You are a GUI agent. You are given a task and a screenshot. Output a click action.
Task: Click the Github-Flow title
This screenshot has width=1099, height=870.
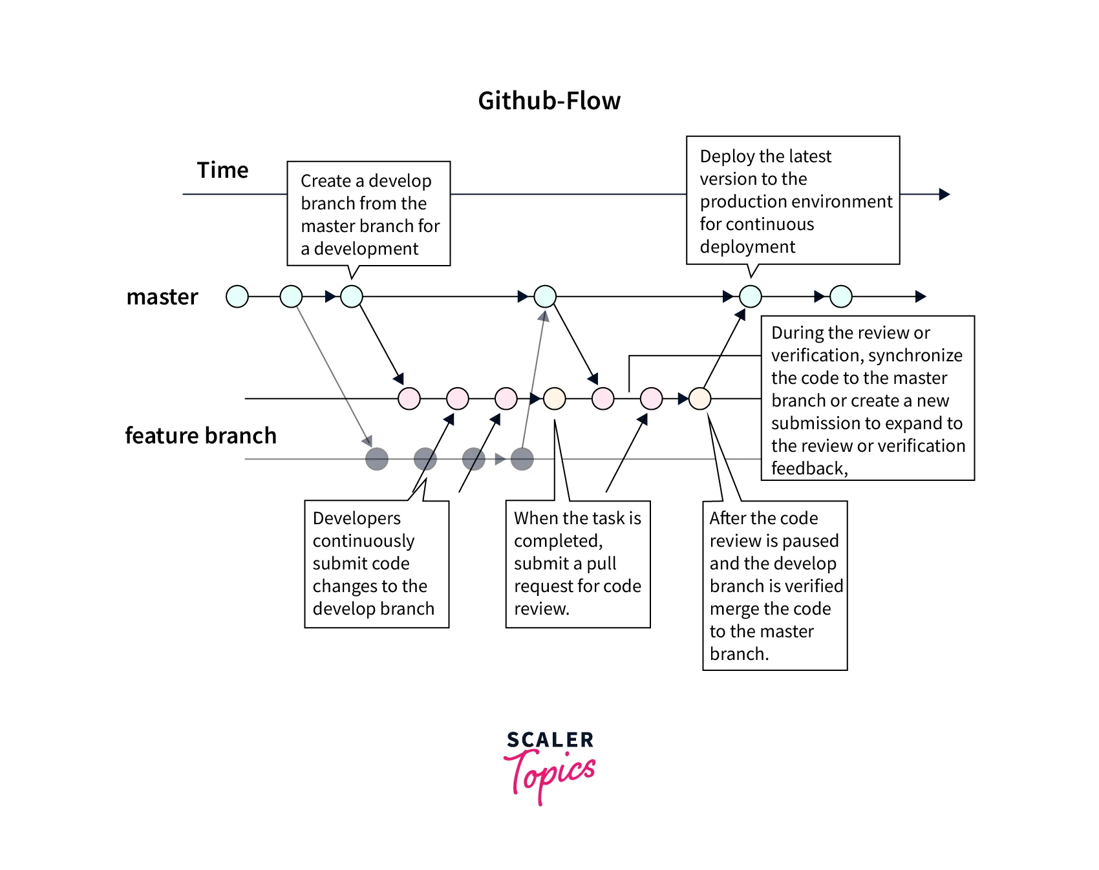point(549,101)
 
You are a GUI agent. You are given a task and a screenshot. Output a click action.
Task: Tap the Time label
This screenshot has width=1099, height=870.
point(222,170)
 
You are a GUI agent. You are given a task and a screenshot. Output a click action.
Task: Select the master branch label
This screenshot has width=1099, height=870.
point(162,297)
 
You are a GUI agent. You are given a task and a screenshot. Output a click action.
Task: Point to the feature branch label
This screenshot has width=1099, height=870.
point(200,436)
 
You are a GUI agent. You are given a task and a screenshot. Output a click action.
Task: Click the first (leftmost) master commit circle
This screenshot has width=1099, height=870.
point(237,297)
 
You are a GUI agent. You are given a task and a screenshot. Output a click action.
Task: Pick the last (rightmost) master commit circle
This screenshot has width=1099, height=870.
point(841,297)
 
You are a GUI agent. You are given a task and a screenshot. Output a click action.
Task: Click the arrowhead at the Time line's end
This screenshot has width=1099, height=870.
point(944,194)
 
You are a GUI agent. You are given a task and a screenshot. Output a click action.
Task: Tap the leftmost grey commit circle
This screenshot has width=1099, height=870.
point(377,459)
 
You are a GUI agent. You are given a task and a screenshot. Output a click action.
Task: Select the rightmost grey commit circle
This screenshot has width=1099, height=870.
point(522,459)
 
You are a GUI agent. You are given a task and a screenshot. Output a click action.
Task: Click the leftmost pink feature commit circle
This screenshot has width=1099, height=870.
point(409,399)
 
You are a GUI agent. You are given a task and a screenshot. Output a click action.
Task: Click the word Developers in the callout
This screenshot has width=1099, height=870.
point(356,518)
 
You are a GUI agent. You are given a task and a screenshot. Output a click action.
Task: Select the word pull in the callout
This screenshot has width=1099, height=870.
point(601,564)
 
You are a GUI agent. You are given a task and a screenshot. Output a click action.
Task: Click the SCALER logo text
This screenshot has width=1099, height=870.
point(550,739)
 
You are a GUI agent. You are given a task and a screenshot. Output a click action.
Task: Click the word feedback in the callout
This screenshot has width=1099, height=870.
point(808,469)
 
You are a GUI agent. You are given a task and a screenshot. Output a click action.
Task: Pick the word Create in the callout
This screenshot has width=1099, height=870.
point(325,181)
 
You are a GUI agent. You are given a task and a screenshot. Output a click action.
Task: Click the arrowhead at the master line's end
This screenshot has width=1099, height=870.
point(921,297)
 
